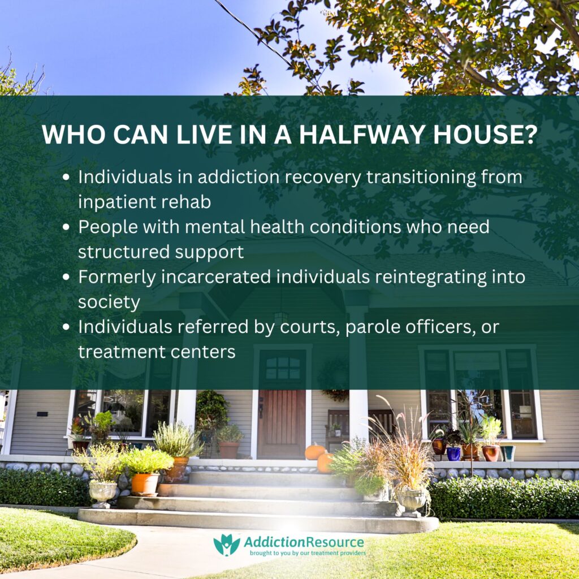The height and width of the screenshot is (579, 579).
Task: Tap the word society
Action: click(x=109, y=303)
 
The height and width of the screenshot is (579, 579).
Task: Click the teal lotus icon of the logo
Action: click(x=226, y=545)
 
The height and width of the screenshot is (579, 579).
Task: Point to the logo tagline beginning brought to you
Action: click(x=308, y=554)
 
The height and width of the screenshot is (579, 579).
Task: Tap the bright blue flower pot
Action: click(x=453, y=453)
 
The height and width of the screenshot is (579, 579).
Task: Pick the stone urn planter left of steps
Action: click(x=103, y=492)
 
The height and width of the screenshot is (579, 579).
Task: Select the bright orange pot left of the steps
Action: click(x=145, y=483)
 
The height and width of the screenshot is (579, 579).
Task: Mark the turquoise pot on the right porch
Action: click(x=508, y=453)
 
